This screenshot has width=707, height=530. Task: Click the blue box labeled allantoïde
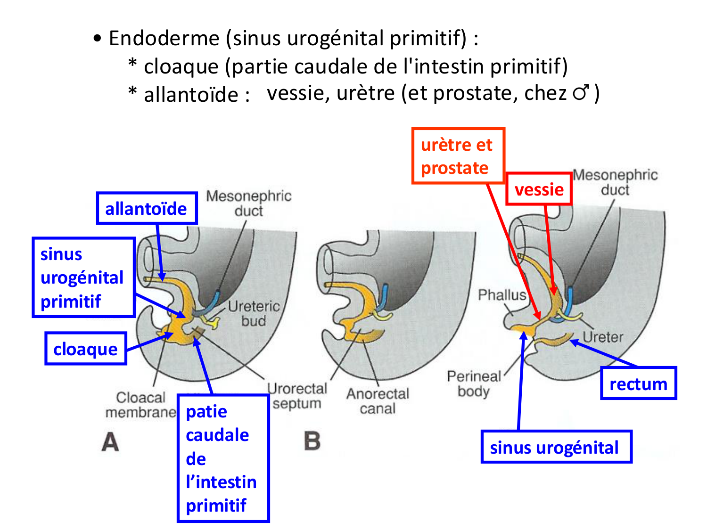[x=147, y=208]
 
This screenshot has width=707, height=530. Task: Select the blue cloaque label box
[x=86, y=349]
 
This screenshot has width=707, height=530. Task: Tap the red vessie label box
[x=539, y=189]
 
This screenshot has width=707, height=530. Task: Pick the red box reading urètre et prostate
[x=458, y=156]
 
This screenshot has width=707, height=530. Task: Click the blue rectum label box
[x=638, y=383]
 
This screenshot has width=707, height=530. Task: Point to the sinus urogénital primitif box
[x=83, y=277]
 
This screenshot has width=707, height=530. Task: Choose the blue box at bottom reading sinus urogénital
[x=556, y=447]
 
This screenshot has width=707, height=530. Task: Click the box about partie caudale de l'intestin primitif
[x=222, y=458]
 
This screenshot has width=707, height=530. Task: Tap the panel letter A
[x=110, y=442]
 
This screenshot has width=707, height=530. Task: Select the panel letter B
[x=312, y=441]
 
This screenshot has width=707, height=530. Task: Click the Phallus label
[x=502, y=295]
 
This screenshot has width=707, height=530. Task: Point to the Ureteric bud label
[x=254, y=313]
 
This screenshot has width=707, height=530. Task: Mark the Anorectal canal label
[x=378, y=401]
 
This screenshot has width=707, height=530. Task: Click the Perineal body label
[x=474, y=383]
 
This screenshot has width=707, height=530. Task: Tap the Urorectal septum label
[x=297, y=396]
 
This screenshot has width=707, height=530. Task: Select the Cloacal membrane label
[x=140, y=405]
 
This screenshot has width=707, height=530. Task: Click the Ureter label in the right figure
[x=603, y=337]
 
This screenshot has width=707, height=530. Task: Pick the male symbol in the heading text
[x=581, y=92]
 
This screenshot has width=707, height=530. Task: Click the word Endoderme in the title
[x=164, y=38]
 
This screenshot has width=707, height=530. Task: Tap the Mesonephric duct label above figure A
[x=249, y=203]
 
